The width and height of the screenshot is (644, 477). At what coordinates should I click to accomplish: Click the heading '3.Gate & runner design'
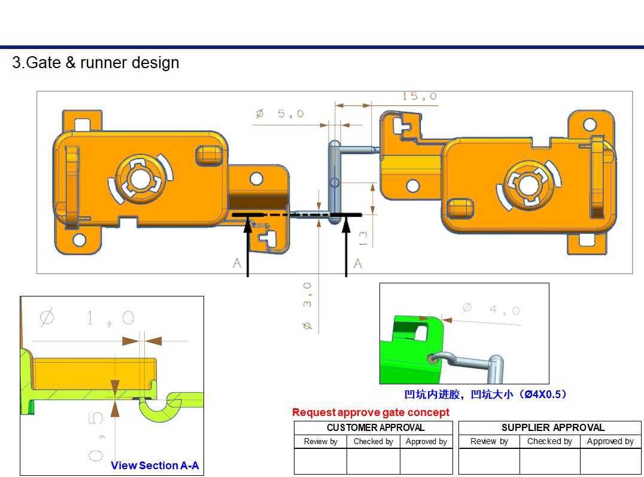[x=96, y=63]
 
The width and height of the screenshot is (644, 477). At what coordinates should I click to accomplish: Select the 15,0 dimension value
[x=419, y=96]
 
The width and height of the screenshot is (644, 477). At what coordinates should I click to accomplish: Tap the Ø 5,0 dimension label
[x=280, y=114]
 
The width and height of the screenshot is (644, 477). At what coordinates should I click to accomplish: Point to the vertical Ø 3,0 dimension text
[x=306, y=306]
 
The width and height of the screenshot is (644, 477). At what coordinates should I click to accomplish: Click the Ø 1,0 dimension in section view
[x=87, y=319]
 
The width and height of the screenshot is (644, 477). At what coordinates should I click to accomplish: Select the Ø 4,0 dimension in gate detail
[x=491, y=309]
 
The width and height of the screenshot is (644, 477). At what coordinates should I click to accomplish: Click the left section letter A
[x=238, y=263]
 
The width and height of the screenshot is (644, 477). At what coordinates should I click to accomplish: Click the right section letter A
[x=357, y=263]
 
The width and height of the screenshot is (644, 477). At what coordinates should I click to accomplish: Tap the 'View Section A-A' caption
[x=154, y=465]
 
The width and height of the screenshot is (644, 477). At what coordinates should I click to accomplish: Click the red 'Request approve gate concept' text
[x=370, y=412]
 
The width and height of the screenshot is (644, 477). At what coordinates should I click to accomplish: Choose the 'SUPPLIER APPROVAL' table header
[x=552, y=427]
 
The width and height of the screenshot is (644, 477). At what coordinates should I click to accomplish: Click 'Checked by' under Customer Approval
[x=373, y=442]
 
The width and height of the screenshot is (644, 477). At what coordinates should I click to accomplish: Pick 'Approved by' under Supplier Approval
[x=610, y=442]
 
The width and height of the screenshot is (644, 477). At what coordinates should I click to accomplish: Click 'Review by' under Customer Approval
[x=320, y=442]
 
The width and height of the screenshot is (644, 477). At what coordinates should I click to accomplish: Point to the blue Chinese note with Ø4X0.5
[x=485, y=395]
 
